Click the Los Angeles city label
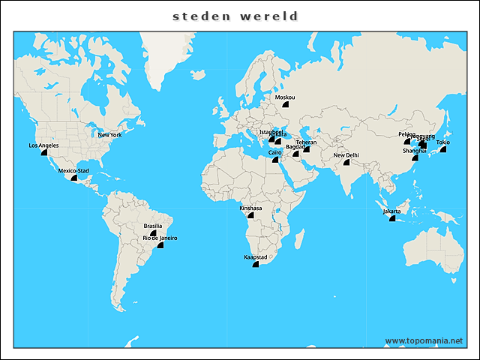(x=43, y=145)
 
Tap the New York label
(x=109, y=135)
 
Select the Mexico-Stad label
(x=73, y=171)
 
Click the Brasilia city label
(x=153, y=226)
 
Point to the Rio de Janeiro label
(x=160, y=238)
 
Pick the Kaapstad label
(x=255, y=257)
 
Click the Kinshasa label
(x=250, y=208)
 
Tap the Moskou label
(x=285, y=97)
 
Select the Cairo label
(x=275, y=152)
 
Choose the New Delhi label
(x=346, y=155)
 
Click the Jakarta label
(x=391, y=211)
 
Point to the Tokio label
(x=443, y=142)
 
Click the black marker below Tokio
(x=442, y=149)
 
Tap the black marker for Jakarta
(x=391, y=218)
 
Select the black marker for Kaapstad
(x=255, y=264)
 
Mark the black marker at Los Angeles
(x=43, y=151)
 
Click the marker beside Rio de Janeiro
(x=160, y=244)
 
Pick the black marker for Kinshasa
(x=250, y=214)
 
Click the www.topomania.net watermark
(x=424, y=341)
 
